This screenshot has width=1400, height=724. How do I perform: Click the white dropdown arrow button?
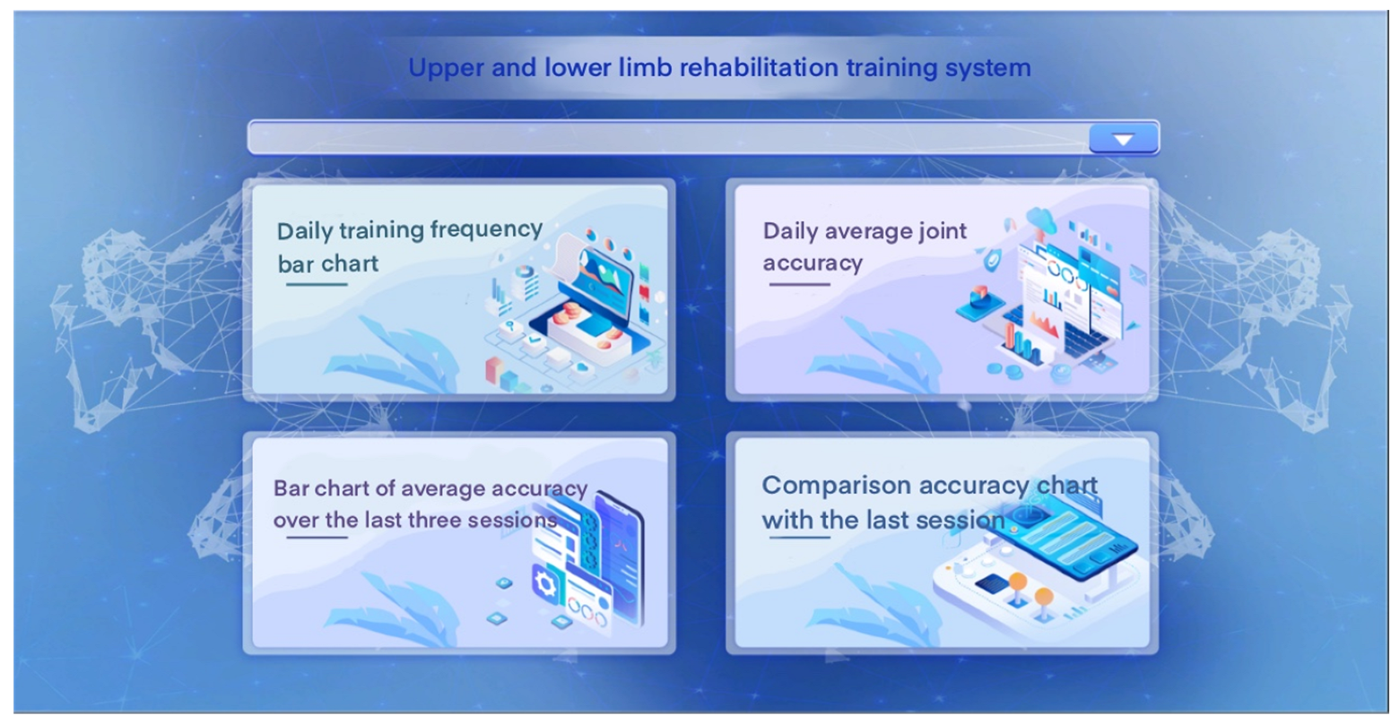(1123, 139)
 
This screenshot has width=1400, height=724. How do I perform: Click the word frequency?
(485, 230)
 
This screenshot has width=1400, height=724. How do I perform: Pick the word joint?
(942, 232)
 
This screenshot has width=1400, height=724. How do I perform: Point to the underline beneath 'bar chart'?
(317, 284)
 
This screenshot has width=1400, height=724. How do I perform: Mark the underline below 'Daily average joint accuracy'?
(799, 284)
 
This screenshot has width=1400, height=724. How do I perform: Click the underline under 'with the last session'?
(799, 537)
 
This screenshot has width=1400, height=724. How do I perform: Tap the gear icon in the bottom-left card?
(545, 585)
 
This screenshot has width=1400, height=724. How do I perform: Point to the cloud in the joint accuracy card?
(1040, 220)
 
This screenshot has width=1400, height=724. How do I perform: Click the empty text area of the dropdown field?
(669, 138)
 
